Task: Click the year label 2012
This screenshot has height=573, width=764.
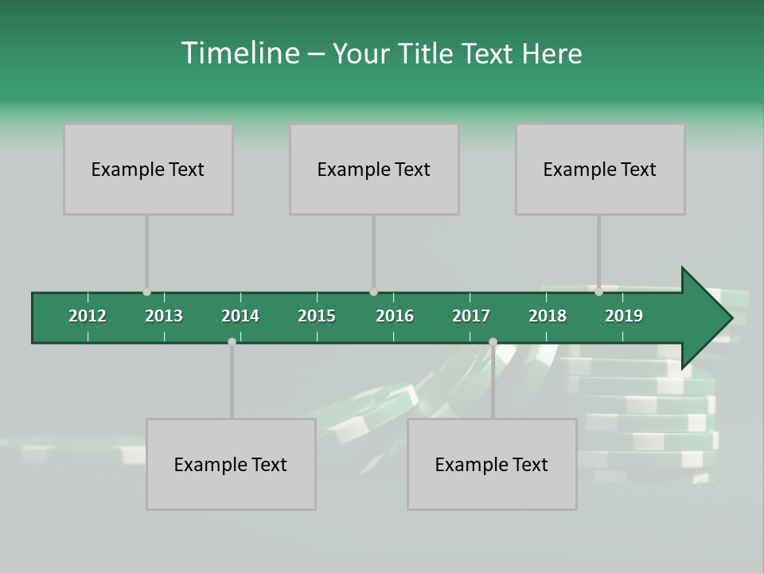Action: [88, 316]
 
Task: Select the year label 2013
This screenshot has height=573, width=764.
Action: [164, 316]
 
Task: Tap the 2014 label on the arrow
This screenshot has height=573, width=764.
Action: [240, 316]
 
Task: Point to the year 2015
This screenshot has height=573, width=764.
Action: [317, 316]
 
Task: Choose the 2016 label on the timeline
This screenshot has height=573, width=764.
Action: [395, 316]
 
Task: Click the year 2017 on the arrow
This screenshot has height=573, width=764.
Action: [471, 316]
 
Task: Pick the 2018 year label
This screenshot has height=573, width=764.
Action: [548, 316]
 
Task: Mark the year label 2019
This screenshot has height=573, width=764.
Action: [624, 316]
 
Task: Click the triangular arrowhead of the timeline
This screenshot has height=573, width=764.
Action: [704, 318]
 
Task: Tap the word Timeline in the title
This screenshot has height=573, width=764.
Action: [239, 53]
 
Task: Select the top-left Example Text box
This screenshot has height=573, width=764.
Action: [148, 169]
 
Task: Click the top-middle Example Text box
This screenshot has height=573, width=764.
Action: [374, 169]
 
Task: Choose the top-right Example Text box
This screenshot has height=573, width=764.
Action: [600, 169]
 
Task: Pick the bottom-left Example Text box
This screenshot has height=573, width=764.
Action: [231, 464]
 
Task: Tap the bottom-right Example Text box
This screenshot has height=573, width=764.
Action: [492, 464]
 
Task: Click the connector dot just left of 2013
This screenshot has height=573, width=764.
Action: [146, 292]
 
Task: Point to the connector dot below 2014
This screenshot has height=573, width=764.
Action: [232, 341]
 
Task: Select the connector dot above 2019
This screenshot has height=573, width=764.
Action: [598, 292]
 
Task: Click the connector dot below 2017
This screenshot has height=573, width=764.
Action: [493, 341]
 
